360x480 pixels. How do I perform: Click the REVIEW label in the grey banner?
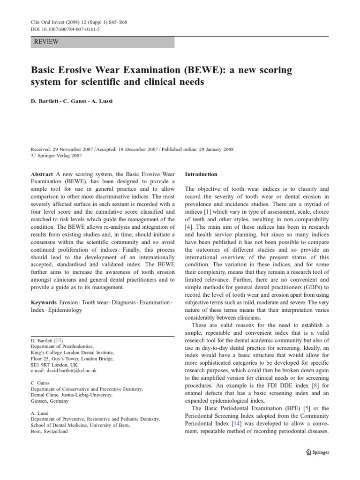click(46, 42)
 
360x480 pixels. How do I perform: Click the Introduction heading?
click(201, 174)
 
